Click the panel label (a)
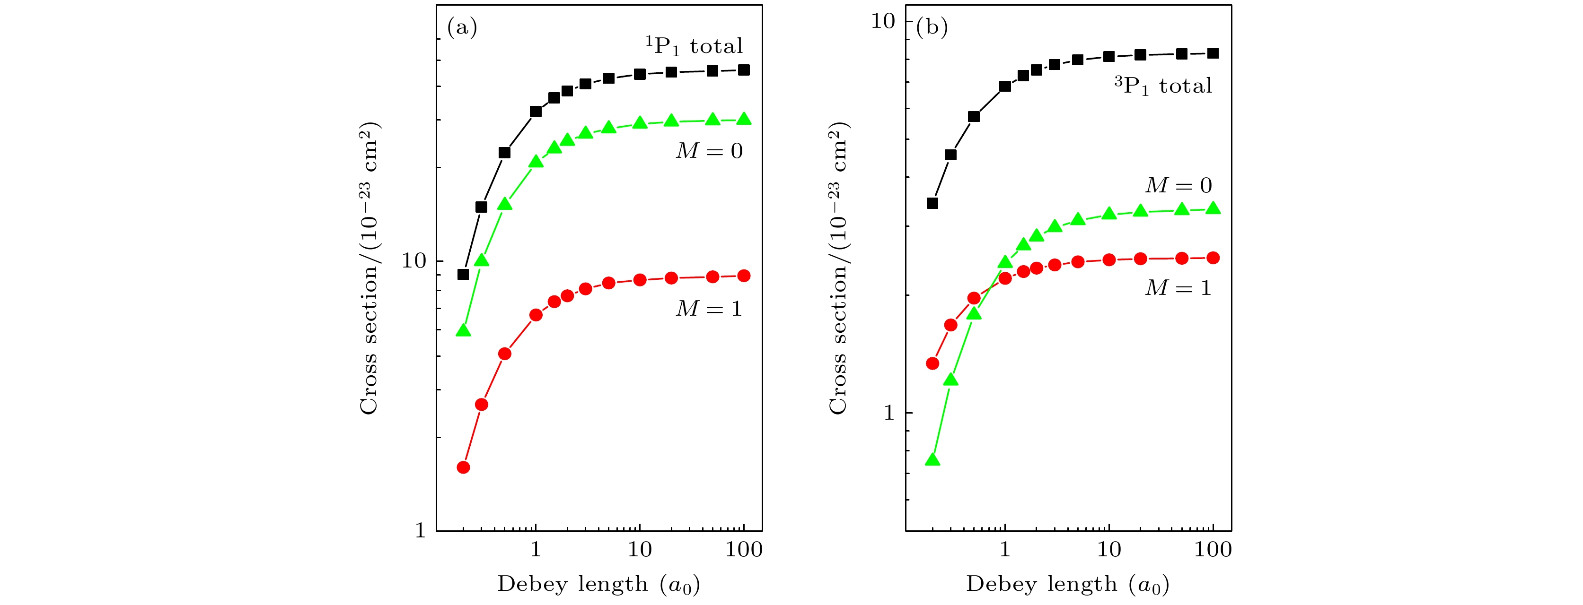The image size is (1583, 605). pos(462,27)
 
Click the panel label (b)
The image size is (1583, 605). pos(932,27)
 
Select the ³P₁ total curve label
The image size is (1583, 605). pos(1163,86)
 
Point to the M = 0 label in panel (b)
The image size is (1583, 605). pos(1178,185)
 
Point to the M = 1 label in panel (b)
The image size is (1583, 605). pos(1178,287)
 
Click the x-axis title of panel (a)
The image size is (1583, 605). pos(598,584)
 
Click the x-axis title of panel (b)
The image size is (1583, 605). pos(1067,584)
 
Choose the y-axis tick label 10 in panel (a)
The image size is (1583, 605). pos(413,260)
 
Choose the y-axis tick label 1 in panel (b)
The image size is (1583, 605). pos(888,412)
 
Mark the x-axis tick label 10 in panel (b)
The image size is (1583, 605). pos(1108,549)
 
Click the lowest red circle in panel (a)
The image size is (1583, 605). pos(463,467)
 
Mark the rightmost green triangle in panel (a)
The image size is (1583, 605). pos(744,119)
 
